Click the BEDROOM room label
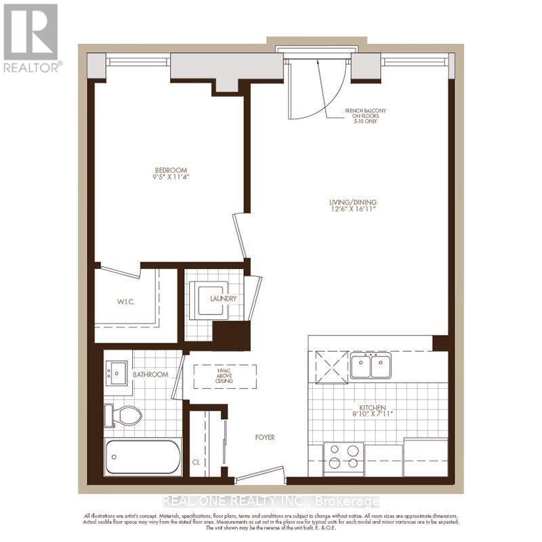coord(171,170)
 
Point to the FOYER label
coord(265,437)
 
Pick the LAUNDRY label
coord(223,298)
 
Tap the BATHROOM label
coord(150,374)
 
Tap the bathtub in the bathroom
coord(143,457)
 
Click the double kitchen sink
coord(371,367)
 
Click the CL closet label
coord(196,463)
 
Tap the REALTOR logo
coord(32,38)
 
